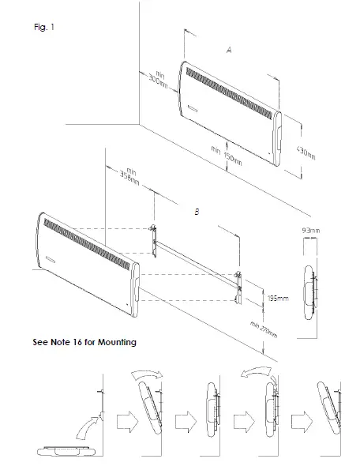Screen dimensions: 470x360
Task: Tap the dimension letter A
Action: click(228, 50)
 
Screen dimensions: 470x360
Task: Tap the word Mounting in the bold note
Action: click(118, 343)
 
